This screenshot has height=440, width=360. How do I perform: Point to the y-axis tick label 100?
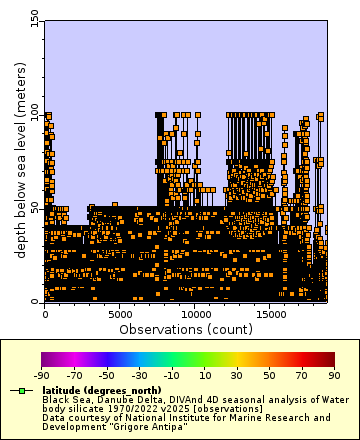pos(34,115)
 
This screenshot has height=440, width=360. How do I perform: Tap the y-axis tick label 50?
pos(34,208)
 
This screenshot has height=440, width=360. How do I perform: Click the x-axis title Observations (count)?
pos(185,328)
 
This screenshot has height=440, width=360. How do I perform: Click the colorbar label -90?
pos(42,374)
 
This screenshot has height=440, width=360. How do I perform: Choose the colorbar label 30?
pos(237,374)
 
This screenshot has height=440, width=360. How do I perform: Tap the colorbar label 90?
pos(334,374)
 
